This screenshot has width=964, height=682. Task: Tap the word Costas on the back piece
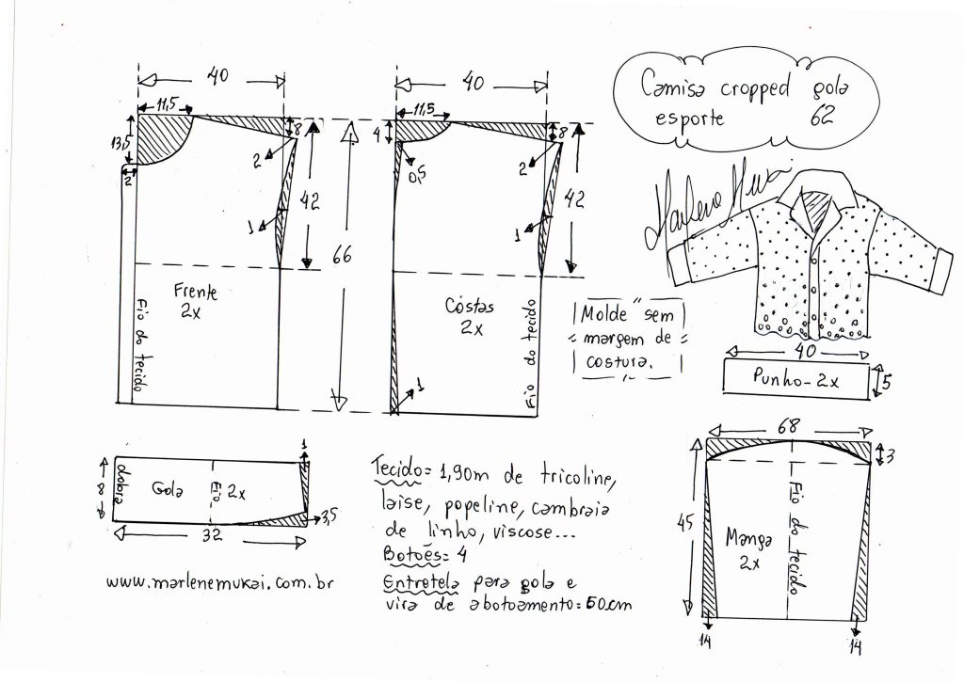469,306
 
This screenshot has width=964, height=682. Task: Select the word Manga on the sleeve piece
748,538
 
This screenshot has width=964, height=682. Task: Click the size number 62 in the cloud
821,115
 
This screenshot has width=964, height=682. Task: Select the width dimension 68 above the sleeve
788,426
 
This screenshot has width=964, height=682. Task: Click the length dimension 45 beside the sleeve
685,523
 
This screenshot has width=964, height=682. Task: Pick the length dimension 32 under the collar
212,535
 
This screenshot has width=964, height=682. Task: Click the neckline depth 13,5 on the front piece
120,143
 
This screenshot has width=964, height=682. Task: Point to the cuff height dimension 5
886,382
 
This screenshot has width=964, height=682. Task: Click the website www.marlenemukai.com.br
220,582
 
